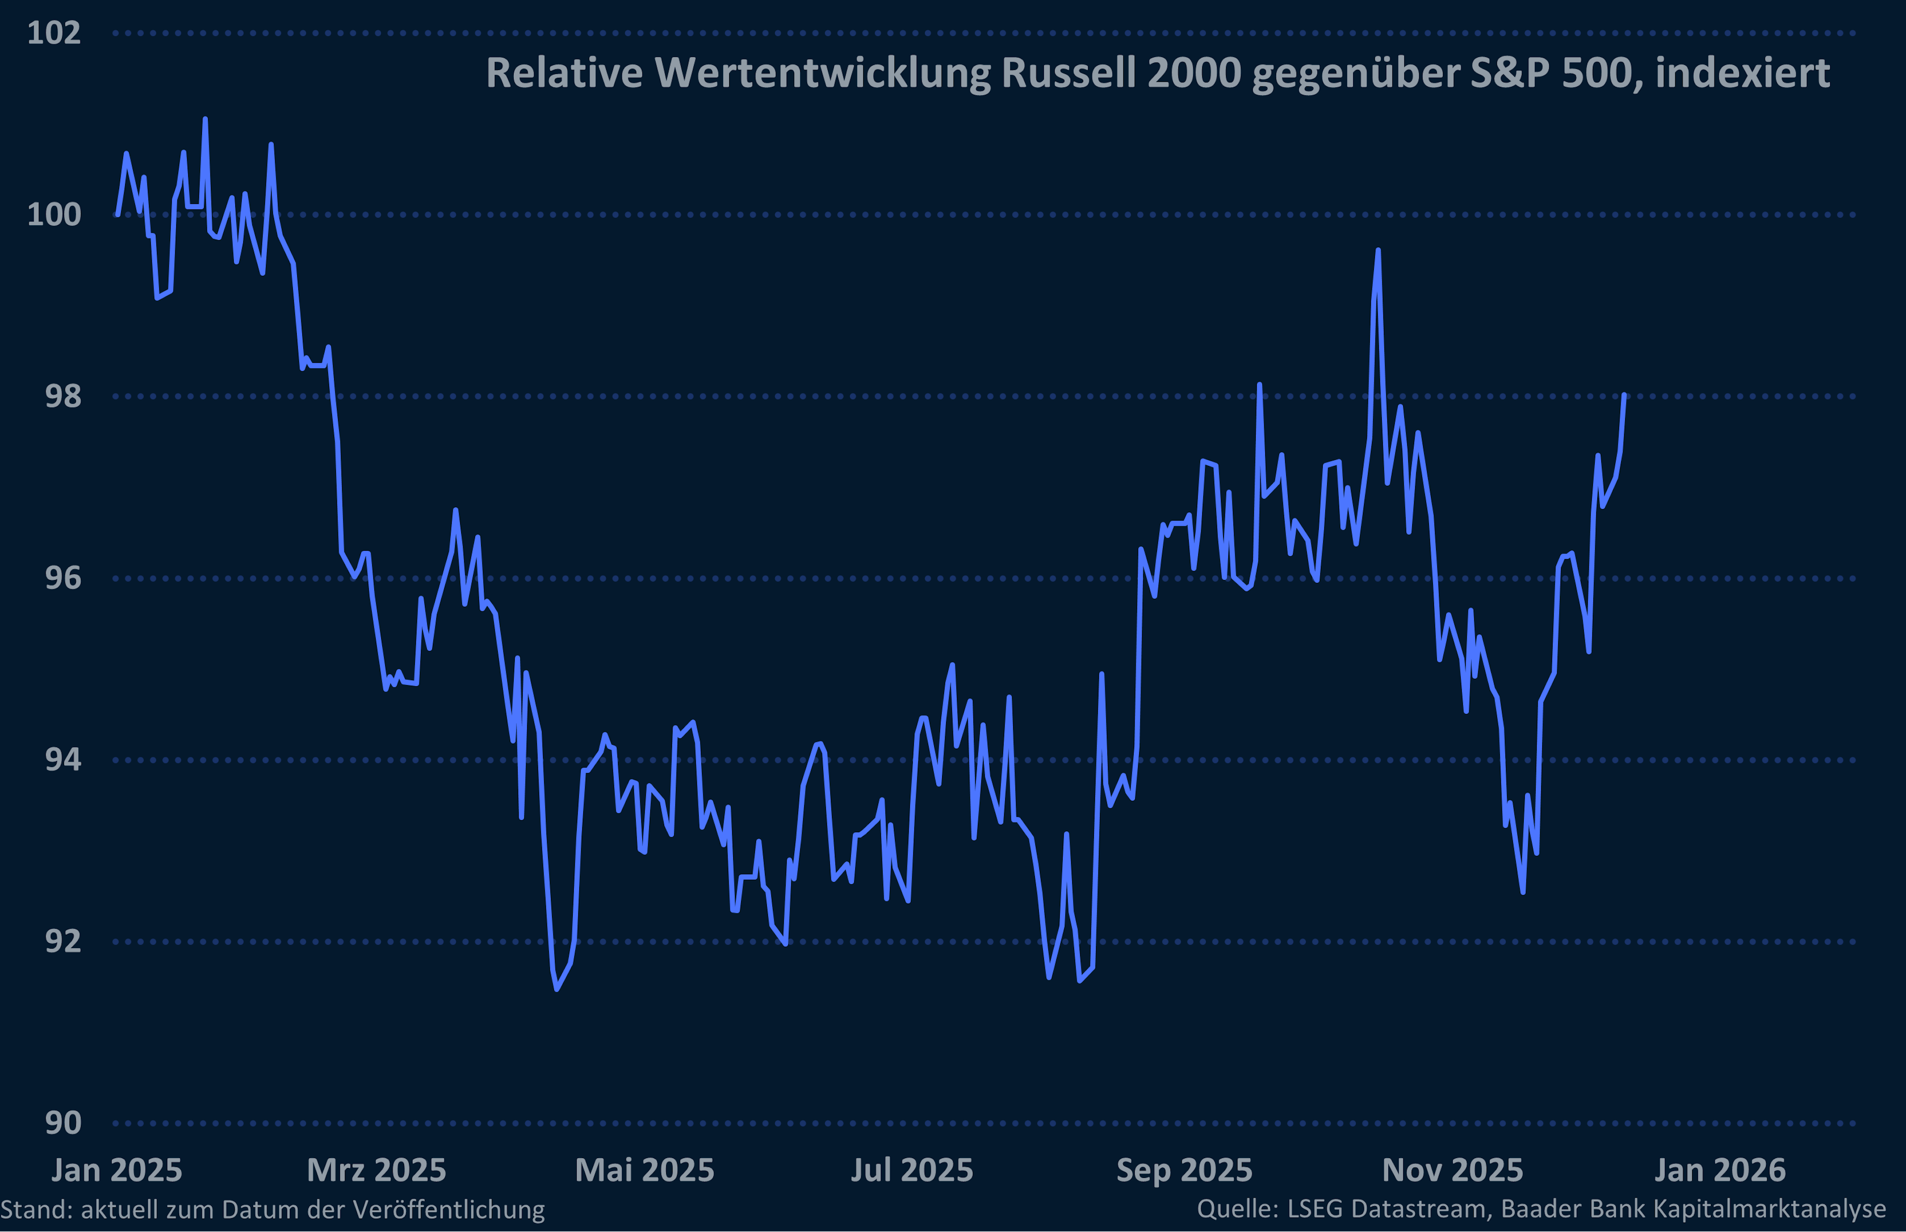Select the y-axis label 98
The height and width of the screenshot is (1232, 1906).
63,396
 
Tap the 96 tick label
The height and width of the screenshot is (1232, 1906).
63,578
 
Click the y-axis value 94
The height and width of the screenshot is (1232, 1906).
63,759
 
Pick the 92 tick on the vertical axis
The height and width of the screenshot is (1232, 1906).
63,941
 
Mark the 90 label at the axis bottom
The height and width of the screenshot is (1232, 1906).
63,1122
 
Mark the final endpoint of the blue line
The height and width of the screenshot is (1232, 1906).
1624,395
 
